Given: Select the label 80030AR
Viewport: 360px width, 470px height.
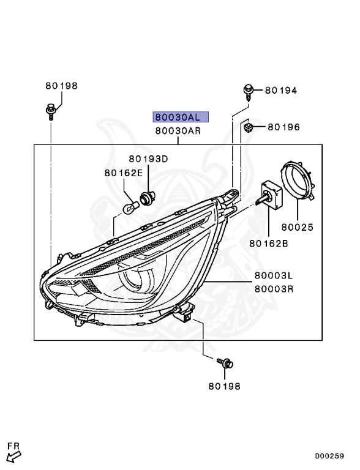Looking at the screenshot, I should tap(178, 130).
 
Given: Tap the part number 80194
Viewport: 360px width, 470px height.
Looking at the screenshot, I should tap(280, 91).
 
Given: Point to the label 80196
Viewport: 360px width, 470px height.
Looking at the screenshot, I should tap(283, 127).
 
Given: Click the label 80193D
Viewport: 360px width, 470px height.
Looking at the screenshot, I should tap(148, 159).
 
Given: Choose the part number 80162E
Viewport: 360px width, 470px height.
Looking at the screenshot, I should tap(123, 173).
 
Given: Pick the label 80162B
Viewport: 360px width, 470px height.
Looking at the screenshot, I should tap(268, 243).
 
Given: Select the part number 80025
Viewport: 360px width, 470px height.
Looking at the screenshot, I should tap(297, 227).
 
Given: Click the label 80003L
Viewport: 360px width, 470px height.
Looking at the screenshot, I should tap(274, 277).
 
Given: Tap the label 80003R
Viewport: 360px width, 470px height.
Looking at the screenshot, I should tap(274, 288).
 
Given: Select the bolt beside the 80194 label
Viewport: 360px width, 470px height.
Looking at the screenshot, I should tap(249, 91).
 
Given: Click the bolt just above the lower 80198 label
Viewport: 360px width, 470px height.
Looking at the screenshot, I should tap(225, 364).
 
